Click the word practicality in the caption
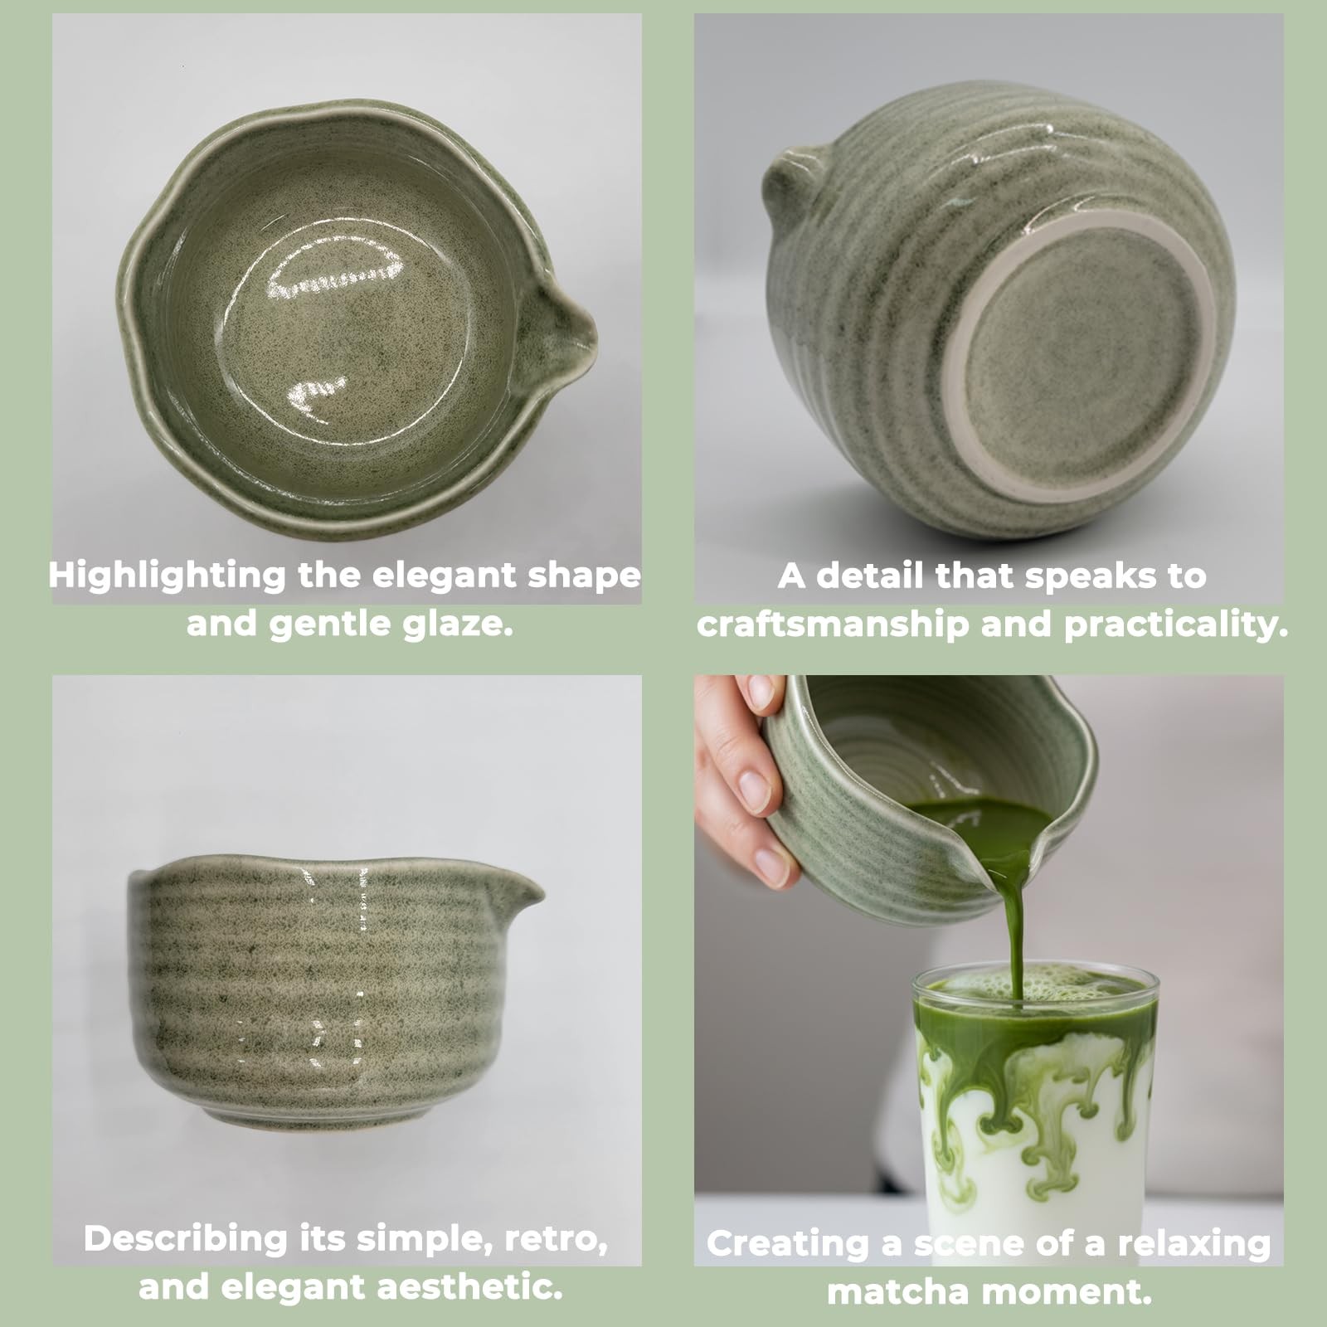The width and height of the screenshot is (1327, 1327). (x=1176, y=625)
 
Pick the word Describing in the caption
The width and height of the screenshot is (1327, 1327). (x=185, y=1240)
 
